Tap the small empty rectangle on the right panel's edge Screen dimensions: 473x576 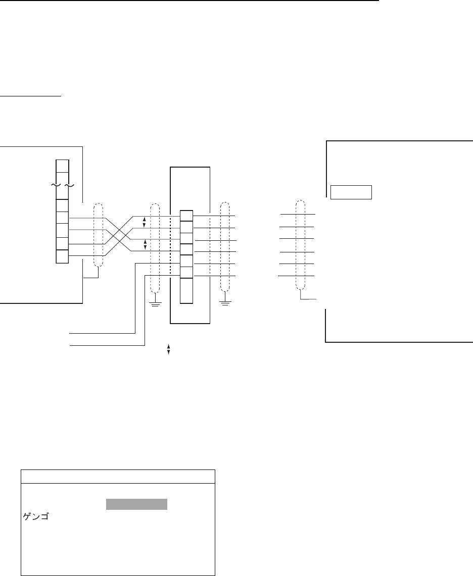(x=351, y=192)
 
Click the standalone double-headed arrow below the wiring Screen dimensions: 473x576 (x=168, y=349)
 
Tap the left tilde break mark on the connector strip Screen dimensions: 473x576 (x=55, y=185)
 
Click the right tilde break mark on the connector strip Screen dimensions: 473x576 (x=69, y=185)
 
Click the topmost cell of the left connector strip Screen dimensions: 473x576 (x=62, y=166)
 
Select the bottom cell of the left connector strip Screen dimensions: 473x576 (x=62, y=256)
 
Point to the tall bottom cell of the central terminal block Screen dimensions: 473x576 (x=186, y=290)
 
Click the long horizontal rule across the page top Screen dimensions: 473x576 (x=190, y=1)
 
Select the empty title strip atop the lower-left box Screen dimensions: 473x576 (x=118, y=477)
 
